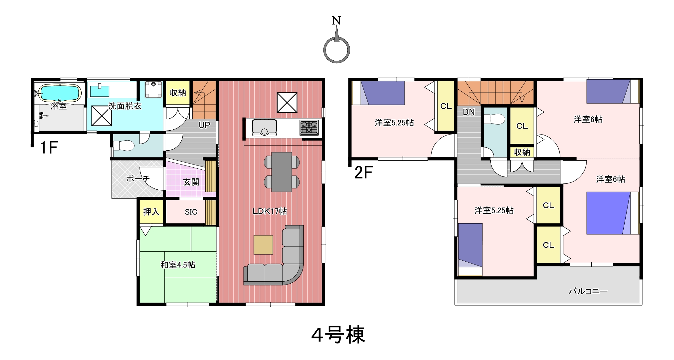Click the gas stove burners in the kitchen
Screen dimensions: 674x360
[309, 127]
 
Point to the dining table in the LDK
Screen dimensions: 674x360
[282, 172]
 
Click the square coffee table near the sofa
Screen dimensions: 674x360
[263, 245]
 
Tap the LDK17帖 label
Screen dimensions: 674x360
[270, 211]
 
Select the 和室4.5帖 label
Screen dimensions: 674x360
[178, 265]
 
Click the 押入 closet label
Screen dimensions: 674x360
[151, 212]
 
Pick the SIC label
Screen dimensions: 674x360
[191, 212]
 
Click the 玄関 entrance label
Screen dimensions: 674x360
[191, 182]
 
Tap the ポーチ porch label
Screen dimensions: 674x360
[138, 178]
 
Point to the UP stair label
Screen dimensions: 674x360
[204, 125]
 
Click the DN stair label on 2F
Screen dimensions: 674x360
[469, 112]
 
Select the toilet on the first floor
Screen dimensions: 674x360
[124, 145]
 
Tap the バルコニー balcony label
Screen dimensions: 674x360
[588, 291]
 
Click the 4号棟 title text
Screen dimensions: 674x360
[338, 335]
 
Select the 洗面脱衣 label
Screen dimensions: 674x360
[125, 106]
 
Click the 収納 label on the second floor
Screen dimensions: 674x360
[522, 152]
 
